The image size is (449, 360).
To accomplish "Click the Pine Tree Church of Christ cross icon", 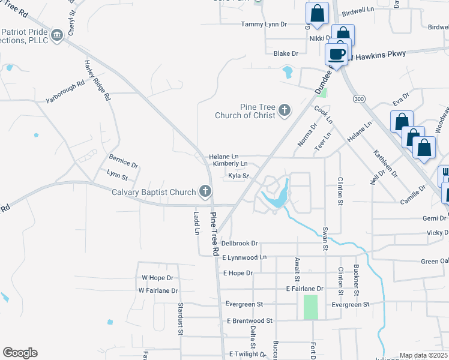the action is [x=284, y=111].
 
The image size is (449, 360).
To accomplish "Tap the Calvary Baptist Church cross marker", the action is [x=205, y=192].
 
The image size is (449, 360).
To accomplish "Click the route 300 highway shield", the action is [x=359, y=98].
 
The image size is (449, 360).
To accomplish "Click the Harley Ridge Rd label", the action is [x=98, y=80].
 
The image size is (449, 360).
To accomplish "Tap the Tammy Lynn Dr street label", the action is [x=264, y=25].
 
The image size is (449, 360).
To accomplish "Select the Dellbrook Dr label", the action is [x=240, y=244].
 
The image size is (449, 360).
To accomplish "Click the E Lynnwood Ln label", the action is [x=244, y=257].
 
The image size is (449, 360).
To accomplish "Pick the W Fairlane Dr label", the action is [x=158, y=290].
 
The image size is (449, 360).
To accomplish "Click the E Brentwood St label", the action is [x=250, y=321].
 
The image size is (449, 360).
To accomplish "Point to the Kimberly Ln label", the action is [x=231, y=163].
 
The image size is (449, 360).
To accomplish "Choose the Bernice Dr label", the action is [x=123, y=161].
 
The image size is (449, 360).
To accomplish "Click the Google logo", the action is [x=20, y=353].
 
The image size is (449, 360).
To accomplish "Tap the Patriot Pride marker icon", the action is [x=57, y=35].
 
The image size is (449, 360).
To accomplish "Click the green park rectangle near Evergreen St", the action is [x=310, y=307].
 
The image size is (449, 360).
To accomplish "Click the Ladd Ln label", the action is [x=196, y=223].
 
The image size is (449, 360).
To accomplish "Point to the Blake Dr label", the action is [x=286, y=54].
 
